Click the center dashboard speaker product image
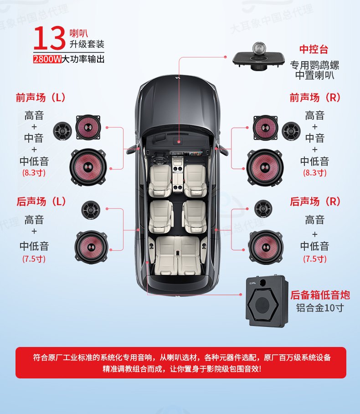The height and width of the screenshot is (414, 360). (258, 57)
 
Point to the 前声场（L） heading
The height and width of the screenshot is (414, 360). (41, 98)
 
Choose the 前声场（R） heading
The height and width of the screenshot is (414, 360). (315, 98)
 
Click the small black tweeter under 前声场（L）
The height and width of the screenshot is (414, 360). (62, 131)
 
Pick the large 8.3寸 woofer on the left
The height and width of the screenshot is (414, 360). (88, 167)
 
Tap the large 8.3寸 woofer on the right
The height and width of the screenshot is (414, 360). (265, 167)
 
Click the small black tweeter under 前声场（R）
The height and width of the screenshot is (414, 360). (291, 131)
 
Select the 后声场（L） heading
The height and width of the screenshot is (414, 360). (41, 202)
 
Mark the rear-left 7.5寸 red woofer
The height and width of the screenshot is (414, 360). (91, 246)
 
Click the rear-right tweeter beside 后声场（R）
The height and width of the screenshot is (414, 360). (263, 209)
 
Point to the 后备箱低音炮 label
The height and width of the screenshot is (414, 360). (320, 295)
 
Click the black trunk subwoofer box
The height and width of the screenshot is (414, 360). (265, 302)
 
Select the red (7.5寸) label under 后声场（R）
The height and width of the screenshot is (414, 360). (315, 259)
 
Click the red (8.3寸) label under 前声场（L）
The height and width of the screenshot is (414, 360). (34, 173)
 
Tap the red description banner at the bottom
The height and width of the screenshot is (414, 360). (180, 363)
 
